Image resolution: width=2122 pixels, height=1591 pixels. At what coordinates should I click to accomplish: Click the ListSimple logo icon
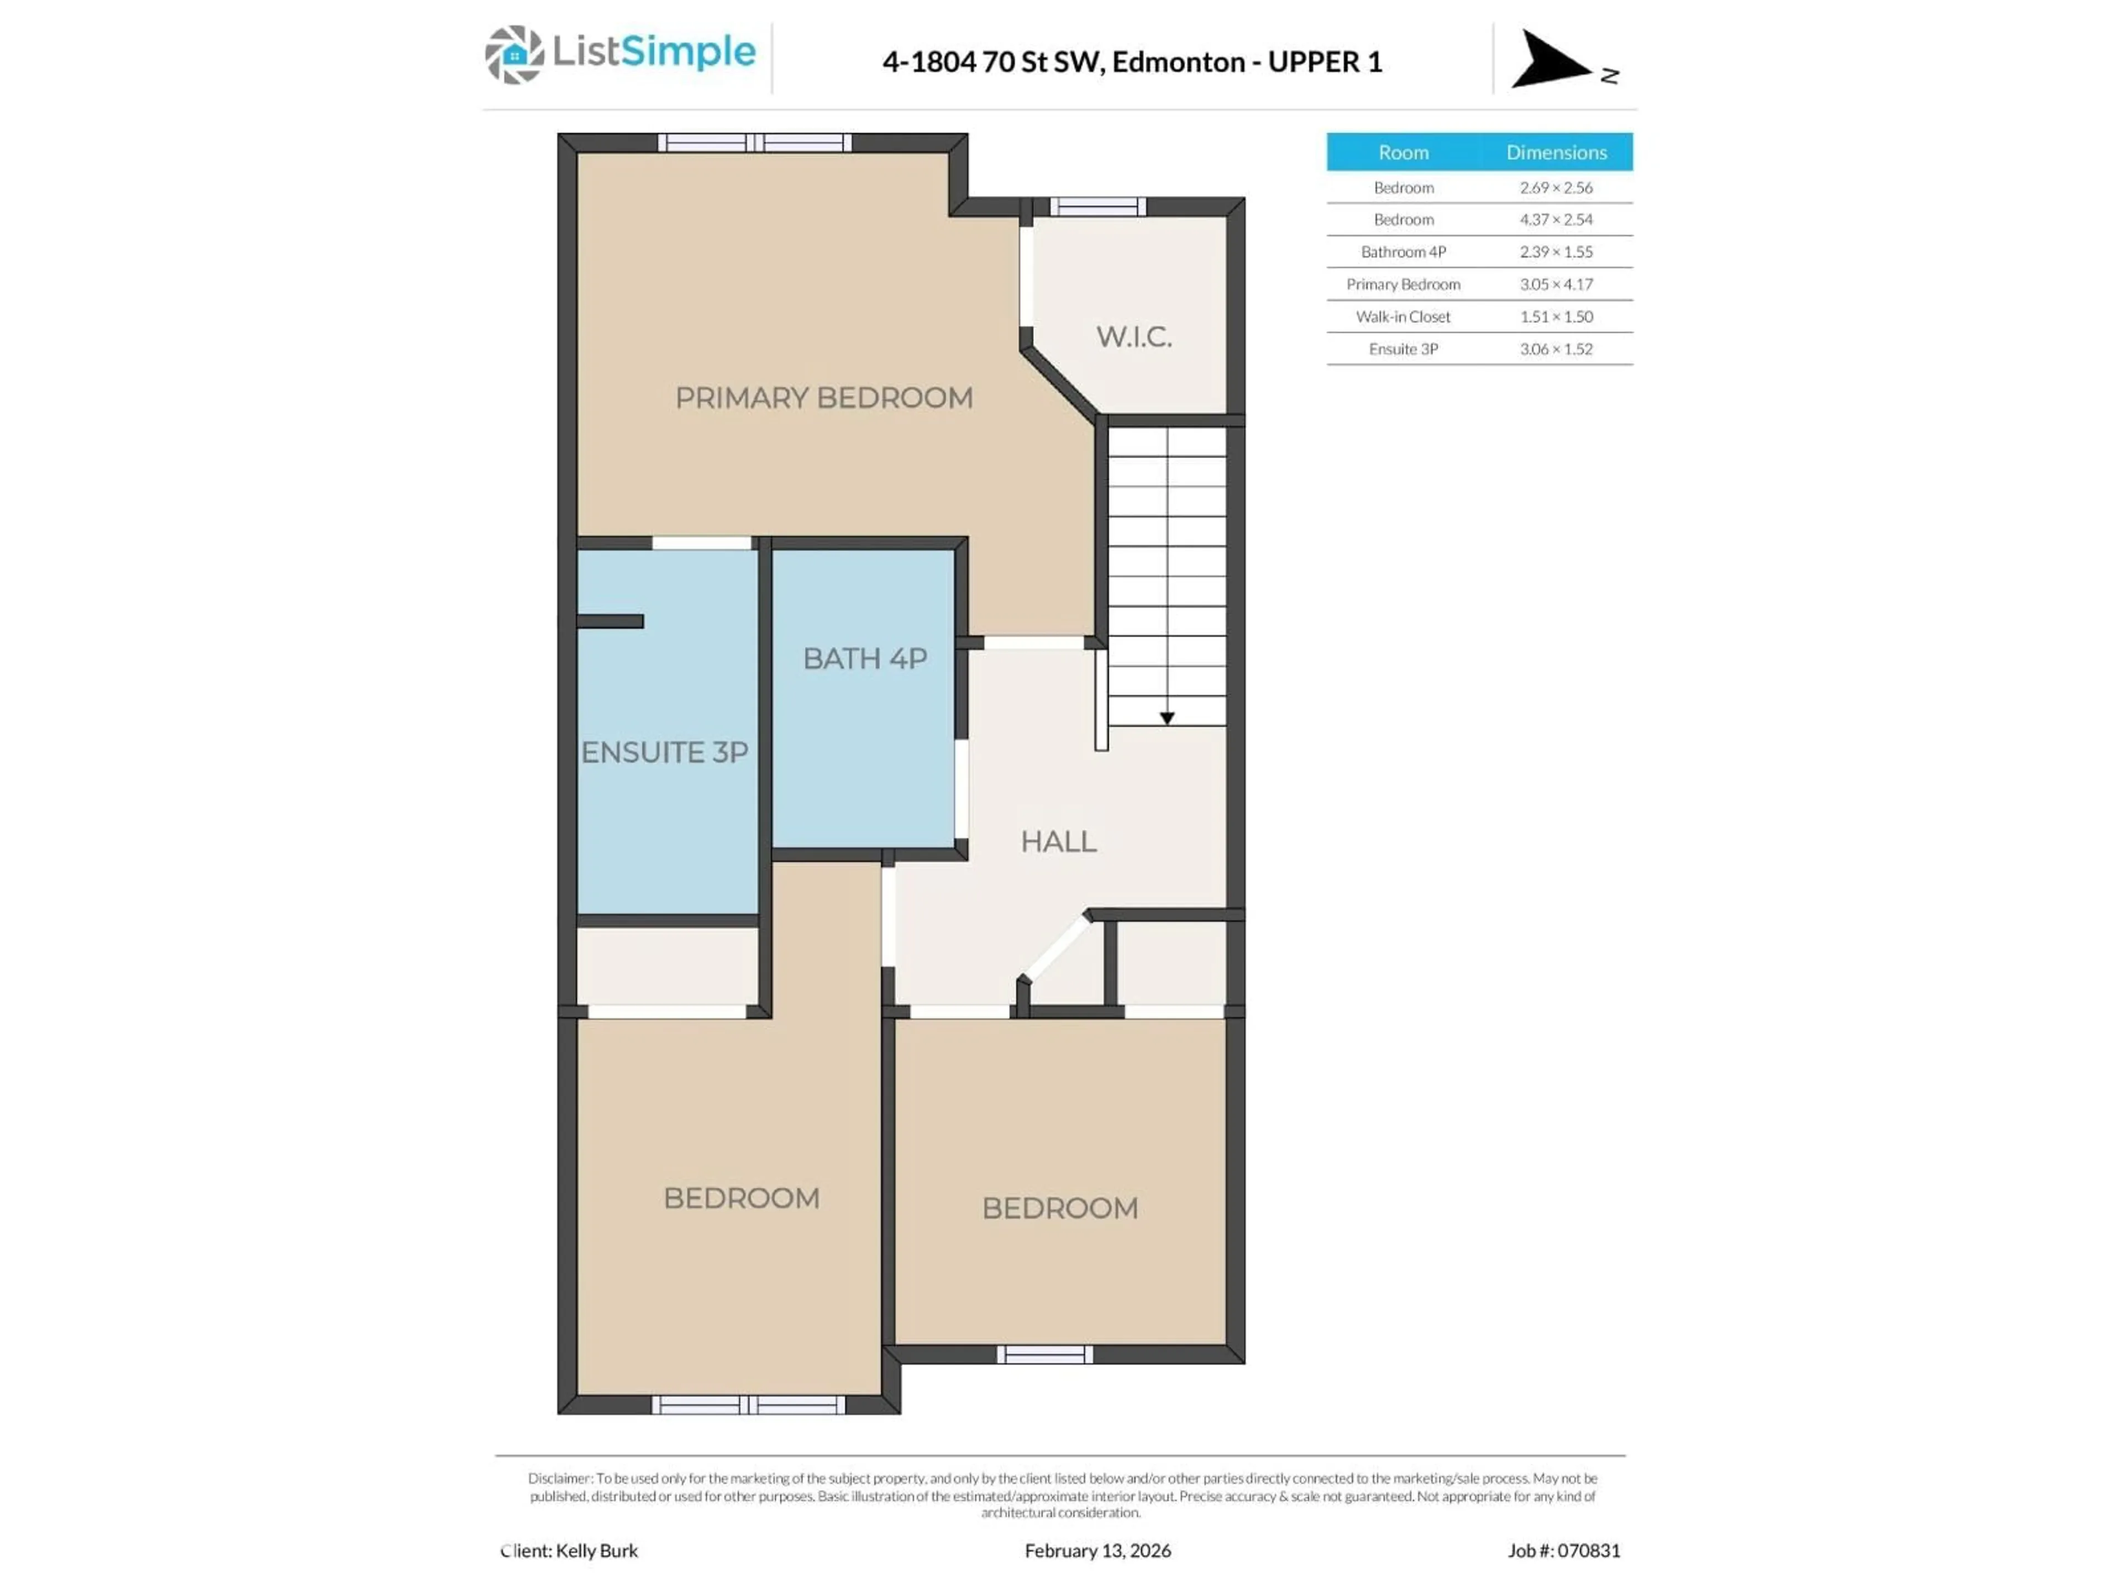[514, 55]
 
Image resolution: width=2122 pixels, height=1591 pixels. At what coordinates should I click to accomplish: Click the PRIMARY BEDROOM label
[823, 398]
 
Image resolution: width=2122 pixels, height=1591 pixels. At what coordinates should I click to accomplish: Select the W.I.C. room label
[1133, 336]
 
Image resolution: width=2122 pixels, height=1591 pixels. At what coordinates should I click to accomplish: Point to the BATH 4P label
[864, 659]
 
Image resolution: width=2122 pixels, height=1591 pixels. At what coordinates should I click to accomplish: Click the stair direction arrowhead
[1167, 718]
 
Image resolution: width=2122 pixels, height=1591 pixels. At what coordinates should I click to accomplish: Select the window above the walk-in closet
[1097, 206]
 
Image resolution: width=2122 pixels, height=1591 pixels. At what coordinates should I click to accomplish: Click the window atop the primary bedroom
[754, 143]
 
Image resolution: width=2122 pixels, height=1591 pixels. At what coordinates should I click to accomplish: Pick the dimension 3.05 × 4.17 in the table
[1555, 284]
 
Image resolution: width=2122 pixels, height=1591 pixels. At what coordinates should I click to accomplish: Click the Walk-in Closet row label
[1403, 317]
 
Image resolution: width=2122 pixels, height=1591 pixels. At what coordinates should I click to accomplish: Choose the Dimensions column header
[1555, 152]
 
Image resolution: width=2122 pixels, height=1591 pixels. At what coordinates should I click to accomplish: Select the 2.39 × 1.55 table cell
[1555, 251]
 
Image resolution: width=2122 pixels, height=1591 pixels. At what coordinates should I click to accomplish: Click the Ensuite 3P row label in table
[1403, 349]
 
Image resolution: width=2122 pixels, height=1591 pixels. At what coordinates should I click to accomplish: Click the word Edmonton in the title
[1178, 62]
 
